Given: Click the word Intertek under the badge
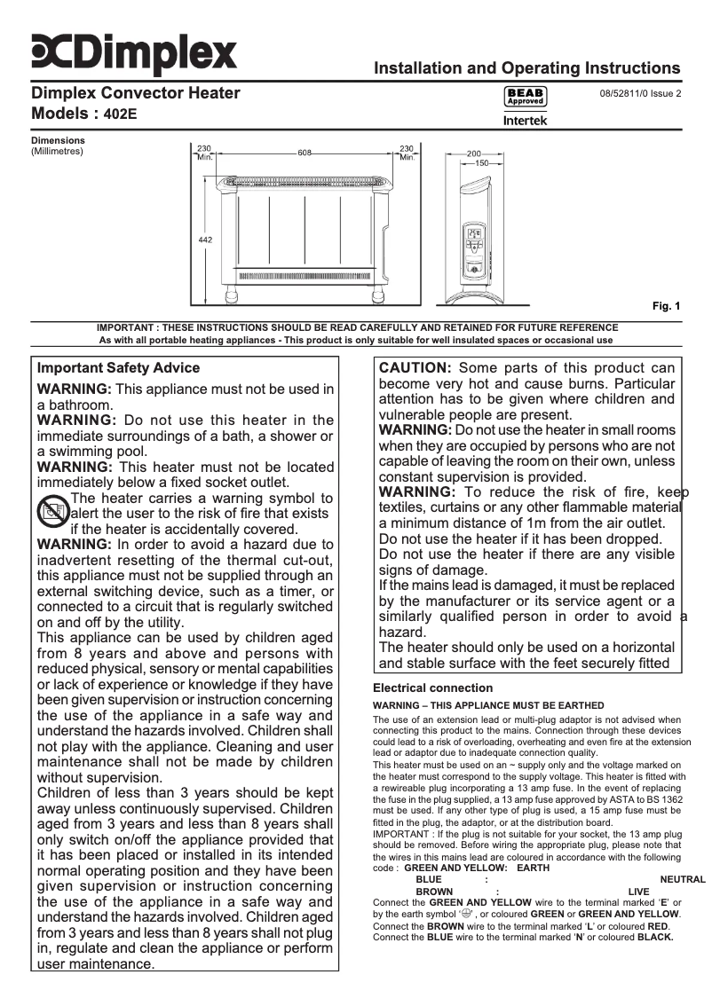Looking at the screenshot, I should click(x=525, y=120).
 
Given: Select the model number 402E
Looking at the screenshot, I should click(x=121, y=114).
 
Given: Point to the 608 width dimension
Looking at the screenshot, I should click(x=305, y=152).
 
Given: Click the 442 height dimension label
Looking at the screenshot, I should click(x=205, y=240).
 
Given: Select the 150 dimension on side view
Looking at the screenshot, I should click(x=480, y=163).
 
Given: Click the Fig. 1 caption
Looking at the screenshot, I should click(x=666, y=307).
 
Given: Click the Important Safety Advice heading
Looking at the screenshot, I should click(x=118, y=368).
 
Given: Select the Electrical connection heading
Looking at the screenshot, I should click(x=432, y=688).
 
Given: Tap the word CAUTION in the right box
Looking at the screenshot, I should click(x=417, y=367).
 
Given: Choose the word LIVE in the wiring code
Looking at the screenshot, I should click(x=638, y=891).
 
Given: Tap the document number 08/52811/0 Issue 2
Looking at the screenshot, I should click(x=638, y=95).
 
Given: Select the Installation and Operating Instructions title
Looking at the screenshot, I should click(x=527, y=68).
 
